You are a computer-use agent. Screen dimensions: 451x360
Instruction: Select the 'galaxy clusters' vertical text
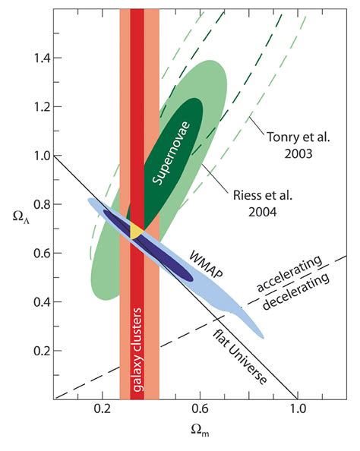coord(139,352)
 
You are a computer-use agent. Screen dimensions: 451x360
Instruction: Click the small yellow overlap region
coord(137,232)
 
